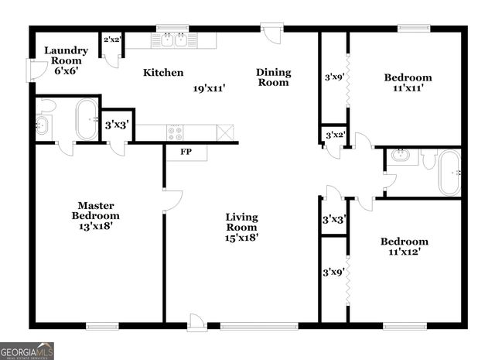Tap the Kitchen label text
pyautogui.click(x=163, y=73)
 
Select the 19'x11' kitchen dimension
pyautogui.click(x=209, y=88)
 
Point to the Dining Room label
pyautogui.click(x=274, y=77)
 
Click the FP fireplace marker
pyautogui.click(x=186, y=152)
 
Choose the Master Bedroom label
pyautogui.click(x=96, y=210)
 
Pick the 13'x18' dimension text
pyautogui.click(x=96, y=226)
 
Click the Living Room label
pyautogui.click(x=241, y=222)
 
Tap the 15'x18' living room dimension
pyautogui.click(x=241, y=238)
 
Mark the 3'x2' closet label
pyautogui.click(x=334, y=135)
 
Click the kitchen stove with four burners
pyautogui.click(x=175, y=133)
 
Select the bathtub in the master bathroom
pyautogui.click(x=87, y=119)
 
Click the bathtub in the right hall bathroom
pyautogui.click(x=449, y=172)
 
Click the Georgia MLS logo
pyautogui.click(x=27, y=351)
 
